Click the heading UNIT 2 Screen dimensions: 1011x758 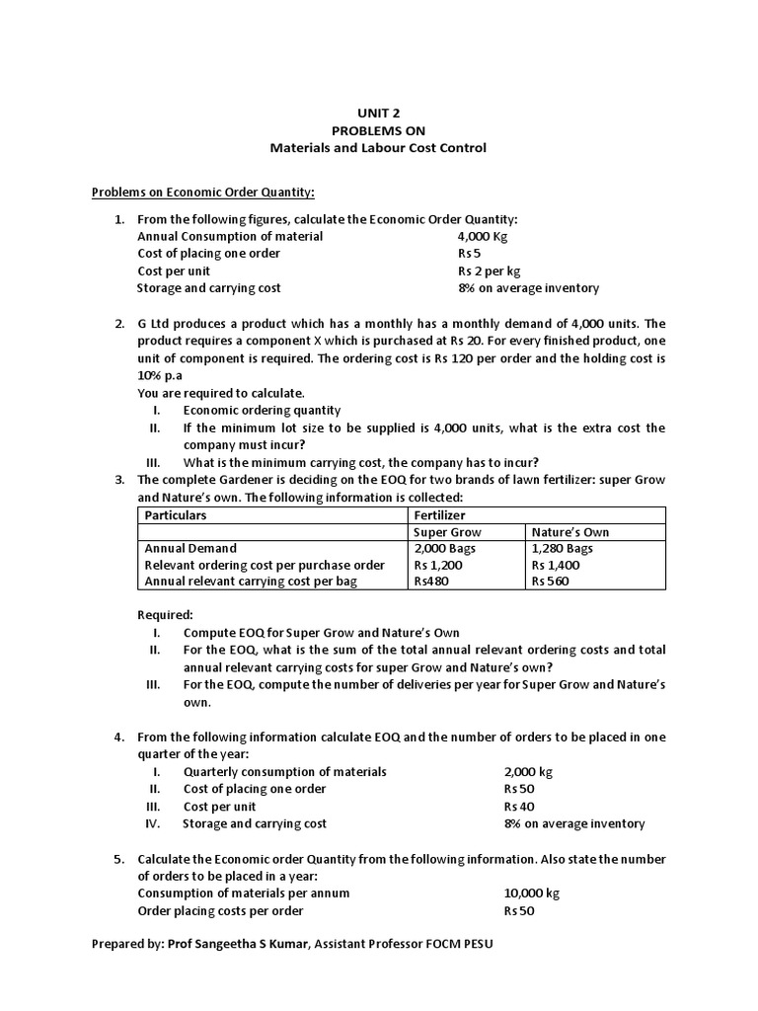pos(378,113)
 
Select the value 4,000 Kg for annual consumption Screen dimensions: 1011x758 pos(483,236)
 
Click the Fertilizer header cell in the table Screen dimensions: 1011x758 pos(439,515)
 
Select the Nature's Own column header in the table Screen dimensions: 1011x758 pos(570,532)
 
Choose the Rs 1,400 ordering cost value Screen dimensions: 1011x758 pos(556,565)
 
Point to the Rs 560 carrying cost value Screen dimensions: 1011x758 pos(551,582)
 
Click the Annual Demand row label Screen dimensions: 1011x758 pos(190,548)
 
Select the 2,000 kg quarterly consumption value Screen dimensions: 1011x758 pos(528,771)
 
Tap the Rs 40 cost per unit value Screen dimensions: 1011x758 pos(519,806)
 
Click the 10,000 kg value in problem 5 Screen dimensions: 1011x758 pos(531,893)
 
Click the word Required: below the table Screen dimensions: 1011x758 pos(165,614)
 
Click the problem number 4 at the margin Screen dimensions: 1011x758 pos(117,737)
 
